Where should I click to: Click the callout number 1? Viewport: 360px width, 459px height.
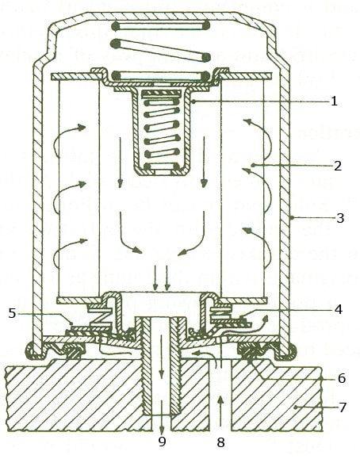tap(334, 101)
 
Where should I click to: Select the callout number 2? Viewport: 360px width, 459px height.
tap(338, 166)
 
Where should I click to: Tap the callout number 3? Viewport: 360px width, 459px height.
tap(340, 218)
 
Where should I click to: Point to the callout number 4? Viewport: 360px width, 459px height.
tap(339, 309)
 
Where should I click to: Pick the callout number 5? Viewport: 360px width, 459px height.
tap(12, 313)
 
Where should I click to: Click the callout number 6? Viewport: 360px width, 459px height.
tap(342, 378)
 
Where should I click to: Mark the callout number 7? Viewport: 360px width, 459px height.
tap(342, 407)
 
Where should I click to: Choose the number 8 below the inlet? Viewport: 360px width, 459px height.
tap(220, 442)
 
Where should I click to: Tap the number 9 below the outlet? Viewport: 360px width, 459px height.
tap(162, 441)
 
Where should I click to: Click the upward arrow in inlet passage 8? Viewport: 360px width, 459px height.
tap(220, 410)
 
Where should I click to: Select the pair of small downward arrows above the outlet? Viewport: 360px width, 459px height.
tap(162, 279)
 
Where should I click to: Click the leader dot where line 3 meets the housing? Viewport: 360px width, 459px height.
tap(292, 218)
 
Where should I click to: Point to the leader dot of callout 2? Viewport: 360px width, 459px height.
tap(252, 166)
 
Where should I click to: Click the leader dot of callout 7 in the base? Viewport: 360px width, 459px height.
tap(296, 407)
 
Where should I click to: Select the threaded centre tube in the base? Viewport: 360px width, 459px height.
tap(162, 366)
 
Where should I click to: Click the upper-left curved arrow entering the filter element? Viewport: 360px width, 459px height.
tap(69, 138)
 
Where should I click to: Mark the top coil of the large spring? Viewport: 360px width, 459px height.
tap(161, 26)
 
